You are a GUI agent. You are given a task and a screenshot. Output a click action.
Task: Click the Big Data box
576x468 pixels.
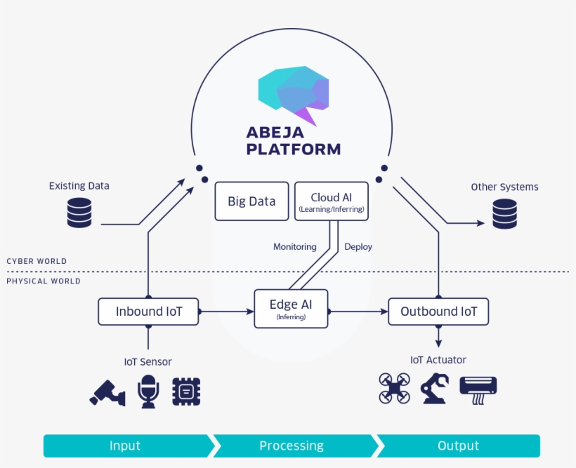(x=251, y=201)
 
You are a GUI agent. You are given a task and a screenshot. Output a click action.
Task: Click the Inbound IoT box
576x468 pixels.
(x=148, y=312)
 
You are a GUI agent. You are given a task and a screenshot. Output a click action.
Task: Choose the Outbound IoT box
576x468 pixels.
(x=438, y=312)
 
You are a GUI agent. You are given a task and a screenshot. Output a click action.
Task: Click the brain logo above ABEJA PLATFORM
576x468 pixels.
(x=294, y=94)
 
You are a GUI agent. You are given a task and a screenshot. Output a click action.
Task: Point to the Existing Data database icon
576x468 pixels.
(x=79, y=213)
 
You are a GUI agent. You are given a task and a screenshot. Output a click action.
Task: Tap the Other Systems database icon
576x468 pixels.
(x=504, y=213)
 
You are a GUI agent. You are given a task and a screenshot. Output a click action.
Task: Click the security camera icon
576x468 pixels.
(x=107, y=392)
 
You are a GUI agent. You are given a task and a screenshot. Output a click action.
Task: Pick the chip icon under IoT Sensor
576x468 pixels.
(x=186, y=391)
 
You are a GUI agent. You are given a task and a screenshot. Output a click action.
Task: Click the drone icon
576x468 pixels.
(x=395, y=388)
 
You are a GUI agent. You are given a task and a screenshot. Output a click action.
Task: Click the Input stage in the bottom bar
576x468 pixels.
(x=125, y=446)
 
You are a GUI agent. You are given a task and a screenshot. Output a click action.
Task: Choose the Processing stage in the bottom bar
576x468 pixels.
(x=292, y=446)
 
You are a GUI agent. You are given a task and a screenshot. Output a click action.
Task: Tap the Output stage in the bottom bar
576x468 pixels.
(x=458, y=446)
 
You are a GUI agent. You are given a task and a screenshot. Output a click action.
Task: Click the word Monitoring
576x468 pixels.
(x=294, y=247)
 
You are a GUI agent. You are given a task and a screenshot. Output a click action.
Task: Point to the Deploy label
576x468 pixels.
(x=358, y=247)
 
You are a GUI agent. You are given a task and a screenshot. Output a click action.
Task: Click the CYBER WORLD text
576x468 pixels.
(x=37, y=261)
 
